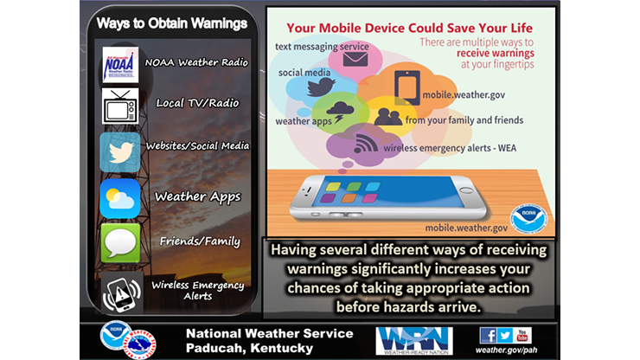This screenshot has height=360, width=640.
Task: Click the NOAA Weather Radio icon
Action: (x=120, y=64)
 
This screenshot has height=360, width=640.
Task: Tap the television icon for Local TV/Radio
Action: (x=120, y=107)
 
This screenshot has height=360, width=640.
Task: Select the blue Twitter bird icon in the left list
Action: (x=120, y=152)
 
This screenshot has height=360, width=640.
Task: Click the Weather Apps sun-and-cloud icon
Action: (x=120, y=198)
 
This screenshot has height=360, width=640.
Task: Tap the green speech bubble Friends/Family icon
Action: (x=120, y=242)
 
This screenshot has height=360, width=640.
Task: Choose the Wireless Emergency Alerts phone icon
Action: (x=120, y=290)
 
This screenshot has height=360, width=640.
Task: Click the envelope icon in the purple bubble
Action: (x=355, y=58)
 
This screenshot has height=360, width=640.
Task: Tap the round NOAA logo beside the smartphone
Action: (x=528, y=216)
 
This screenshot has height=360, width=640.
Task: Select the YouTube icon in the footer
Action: (x=522, y=334)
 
